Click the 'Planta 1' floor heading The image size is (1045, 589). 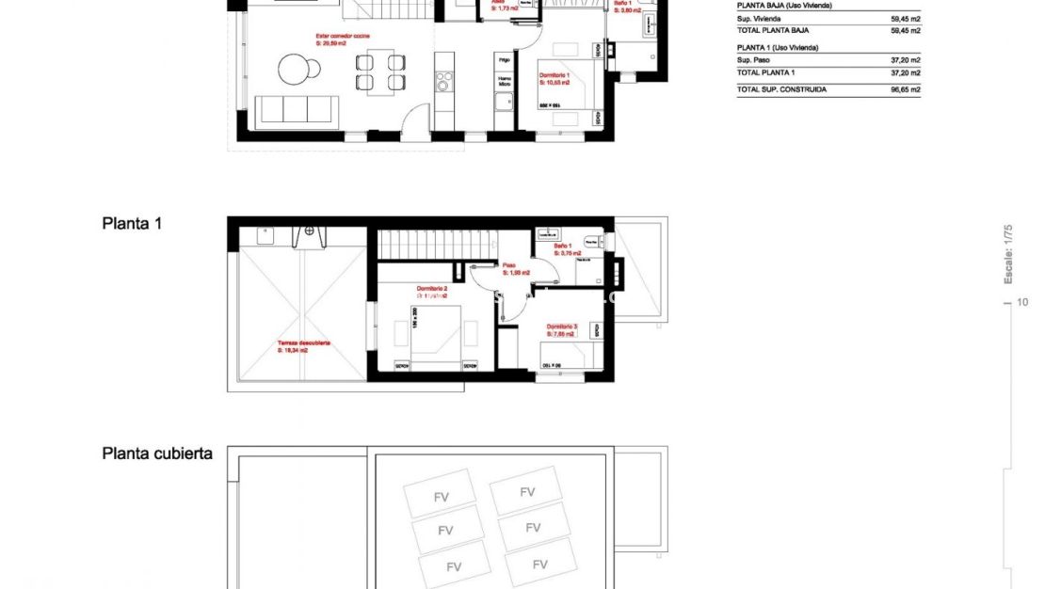pyautogui.click(x=132, y=224)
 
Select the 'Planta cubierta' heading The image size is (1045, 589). pyautogui.click(x=157, y=454)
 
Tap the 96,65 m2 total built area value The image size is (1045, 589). pyautogui.click(x=905, y=89)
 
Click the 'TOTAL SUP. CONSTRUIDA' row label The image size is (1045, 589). pyautogui.click(x=781, y=89)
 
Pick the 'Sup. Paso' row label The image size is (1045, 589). pyautogui.click(x=754, y=59)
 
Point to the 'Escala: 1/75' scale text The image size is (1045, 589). pyautogui.click(x=1007, y=253)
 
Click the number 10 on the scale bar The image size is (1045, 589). pyautogui.click(x=1022, y=302)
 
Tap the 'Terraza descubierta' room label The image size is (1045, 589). pyautogui.click(x=303, y=343)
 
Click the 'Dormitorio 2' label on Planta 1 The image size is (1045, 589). pyautogui.click(x=431, y=289)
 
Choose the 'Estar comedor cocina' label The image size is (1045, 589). pyautogui.click(x=343, y=36)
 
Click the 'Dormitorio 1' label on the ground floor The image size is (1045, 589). pyautogui.click(x=555, y=75)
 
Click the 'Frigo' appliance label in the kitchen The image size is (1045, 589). pyautogui.click(x=505, y=60)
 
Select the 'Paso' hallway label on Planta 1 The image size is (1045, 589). pyautogui.click(x=508, y=265)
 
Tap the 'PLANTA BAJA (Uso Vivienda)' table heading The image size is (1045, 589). pyautogui.click(x=783, y=6)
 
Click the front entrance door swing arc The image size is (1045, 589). pyautogui.click(x=410, y=119)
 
